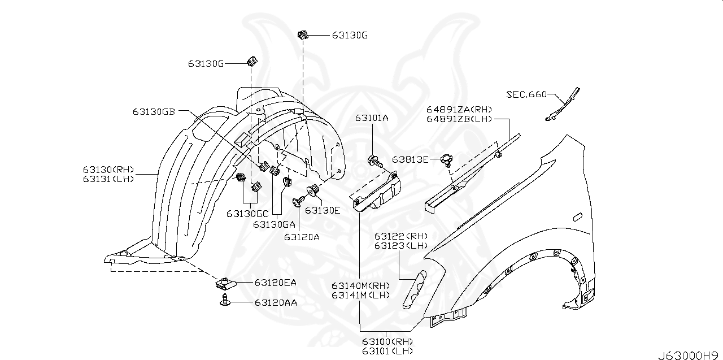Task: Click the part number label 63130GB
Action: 154,111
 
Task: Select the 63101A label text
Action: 372,118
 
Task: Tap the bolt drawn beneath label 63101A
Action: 374,161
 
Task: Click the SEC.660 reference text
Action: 526,94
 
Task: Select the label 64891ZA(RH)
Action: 459,110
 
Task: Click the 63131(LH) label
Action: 107,179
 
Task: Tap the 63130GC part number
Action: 248,214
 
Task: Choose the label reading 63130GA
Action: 275,224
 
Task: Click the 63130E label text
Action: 323,210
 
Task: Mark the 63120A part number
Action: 302,237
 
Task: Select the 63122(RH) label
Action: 401,236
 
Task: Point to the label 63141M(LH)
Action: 361,295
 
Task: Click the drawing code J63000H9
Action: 689,355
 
